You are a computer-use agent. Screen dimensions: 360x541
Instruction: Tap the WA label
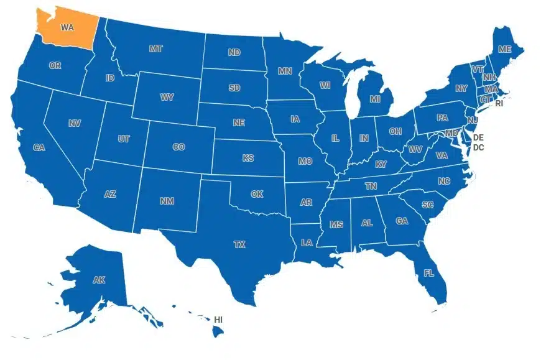tap(67, 27)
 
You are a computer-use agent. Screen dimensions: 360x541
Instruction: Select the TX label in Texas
tap(239, 244)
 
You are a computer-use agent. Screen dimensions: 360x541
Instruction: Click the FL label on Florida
tap(429, 272)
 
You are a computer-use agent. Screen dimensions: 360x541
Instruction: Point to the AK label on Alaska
tap(99, 280)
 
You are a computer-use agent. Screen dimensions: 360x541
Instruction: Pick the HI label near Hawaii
tap(218, 319)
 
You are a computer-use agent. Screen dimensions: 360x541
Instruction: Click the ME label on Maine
tap(505, 49)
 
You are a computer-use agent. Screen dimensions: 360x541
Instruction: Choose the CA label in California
tap(39, 147)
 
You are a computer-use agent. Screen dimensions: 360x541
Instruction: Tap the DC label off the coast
tap(478, 147)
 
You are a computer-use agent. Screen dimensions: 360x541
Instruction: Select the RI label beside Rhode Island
tap(499, 104)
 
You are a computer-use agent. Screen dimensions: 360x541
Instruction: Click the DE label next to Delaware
tap(478, 137)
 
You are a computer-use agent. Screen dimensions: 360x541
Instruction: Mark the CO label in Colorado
tap(178, 147)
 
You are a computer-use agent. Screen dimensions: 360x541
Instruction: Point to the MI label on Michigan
tap(375, 99)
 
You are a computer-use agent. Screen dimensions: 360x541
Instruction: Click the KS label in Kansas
tap(248, 159)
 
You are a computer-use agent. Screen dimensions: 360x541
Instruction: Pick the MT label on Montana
tap(155, 48)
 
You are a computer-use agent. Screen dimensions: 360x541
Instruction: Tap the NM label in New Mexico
tap(167, 201)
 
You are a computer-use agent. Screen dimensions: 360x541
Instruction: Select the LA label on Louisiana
tap(307, 242)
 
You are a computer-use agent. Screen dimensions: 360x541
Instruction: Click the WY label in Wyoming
tap(167, 98)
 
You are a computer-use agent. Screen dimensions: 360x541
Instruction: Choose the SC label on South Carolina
tap(427, 205)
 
